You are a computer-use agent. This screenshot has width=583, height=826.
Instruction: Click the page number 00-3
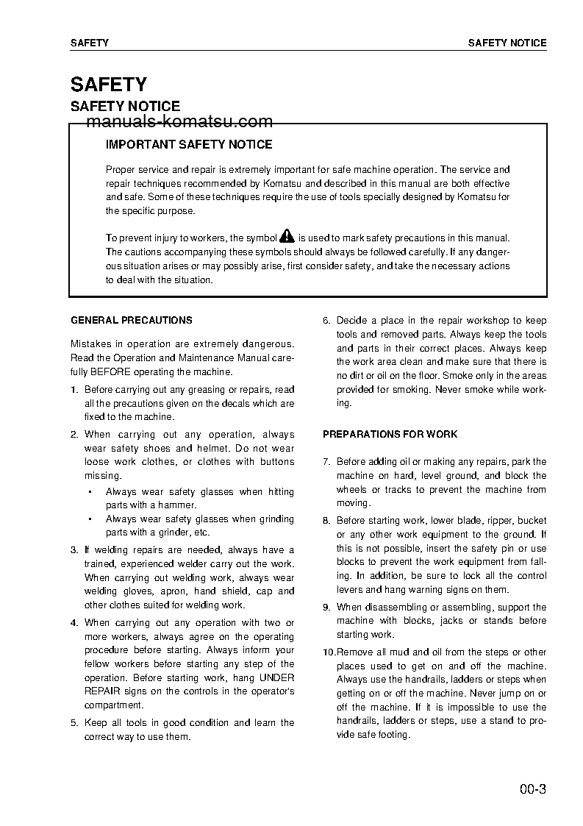(532, 791)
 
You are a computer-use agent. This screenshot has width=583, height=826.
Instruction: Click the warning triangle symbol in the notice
(287, 237)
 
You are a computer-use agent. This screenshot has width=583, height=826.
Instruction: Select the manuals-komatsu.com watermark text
(179, 122)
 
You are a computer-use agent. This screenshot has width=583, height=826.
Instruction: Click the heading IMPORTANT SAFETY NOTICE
(189, 145)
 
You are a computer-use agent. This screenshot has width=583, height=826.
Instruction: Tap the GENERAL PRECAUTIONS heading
(132, 321)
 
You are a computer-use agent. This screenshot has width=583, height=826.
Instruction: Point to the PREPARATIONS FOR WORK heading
(390, 435)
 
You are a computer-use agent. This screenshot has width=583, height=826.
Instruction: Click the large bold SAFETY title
(109, 85)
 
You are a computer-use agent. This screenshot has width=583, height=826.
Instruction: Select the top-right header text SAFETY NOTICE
(507, 43)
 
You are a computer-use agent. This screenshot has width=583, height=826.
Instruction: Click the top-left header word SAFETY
(90, 43)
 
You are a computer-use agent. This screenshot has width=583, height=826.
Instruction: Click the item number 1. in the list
(74, 390)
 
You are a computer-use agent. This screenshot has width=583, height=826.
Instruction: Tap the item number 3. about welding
(74, 550)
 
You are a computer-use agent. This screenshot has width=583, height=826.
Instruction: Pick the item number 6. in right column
(327, 321)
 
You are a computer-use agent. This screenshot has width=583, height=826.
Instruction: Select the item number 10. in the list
(329, 652)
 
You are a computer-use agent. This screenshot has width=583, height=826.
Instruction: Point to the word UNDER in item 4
(277, 677)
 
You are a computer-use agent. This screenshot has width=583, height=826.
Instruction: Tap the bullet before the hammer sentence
(89, 492)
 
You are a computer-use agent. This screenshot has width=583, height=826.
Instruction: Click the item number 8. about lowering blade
(327, 521)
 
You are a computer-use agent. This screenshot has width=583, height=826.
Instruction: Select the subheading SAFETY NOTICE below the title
(125, 107)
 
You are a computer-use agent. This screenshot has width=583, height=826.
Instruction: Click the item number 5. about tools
(74, 723)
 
